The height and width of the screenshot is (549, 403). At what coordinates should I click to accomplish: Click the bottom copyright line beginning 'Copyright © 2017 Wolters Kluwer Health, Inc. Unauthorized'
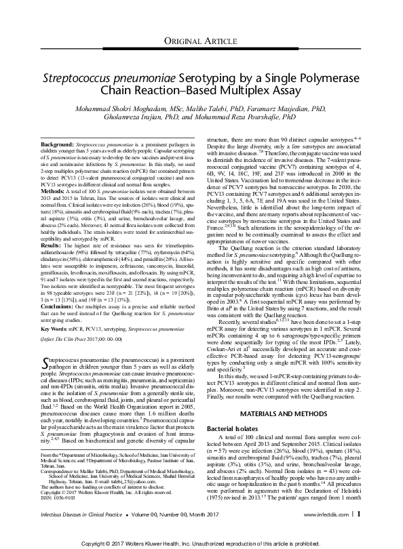tap(201, 544)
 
